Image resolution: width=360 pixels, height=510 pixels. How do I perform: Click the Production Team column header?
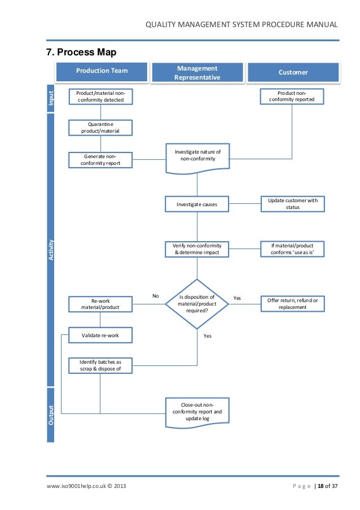[x=102, y=71]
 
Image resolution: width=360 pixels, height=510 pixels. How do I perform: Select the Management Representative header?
[x=197, y=73]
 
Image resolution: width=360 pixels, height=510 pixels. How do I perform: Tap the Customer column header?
[x=293, y=73]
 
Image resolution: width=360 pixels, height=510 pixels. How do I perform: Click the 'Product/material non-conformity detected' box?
[x=100, y=97]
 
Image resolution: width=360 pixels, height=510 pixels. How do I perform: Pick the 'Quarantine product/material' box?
[x=100, y=128]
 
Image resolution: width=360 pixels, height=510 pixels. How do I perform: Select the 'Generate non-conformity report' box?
[x=100, y=160]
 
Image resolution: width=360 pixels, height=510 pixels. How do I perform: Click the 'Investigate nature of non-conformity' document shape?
[x=197, y=156]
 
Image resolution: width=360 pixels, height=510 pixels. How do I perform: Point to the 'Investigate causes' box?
[x=197, y=204]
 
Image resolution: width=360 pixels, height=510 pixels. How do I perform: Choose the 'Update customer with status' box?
[x=293, y=204]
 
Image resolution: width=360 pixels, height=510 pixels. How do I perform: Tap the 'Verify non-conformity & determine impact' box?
[x=197, y=250]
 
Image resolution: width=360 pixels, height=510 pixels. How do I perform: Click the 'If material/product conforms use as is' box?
[x=293, y=250]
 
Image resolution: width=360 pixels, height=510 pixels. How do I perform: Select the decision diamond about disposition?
[x=197, y=304]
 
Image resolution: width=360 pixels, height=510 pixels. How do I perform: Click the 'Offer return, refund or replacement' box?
[x=293, y=304]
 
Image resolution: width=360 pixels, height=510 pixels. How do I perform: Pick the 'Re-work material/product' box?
[x=100, y=304]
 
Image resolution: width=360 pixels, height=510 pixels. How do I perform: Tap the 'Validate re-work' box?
[x=100, y=335]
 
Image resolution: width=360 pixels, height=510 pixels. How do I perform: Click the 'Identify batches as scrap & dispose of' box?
[x=100, y=365]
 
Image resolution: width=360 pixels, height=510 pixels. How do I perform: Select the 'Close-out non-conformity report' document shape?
[x=197, y=412]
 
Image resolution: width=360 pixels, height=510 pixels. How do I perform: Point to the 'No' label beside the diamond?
[x=156, y=295]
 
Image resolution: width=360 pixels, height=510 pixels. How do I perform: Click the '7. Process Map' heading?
[x=81, y=53]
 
